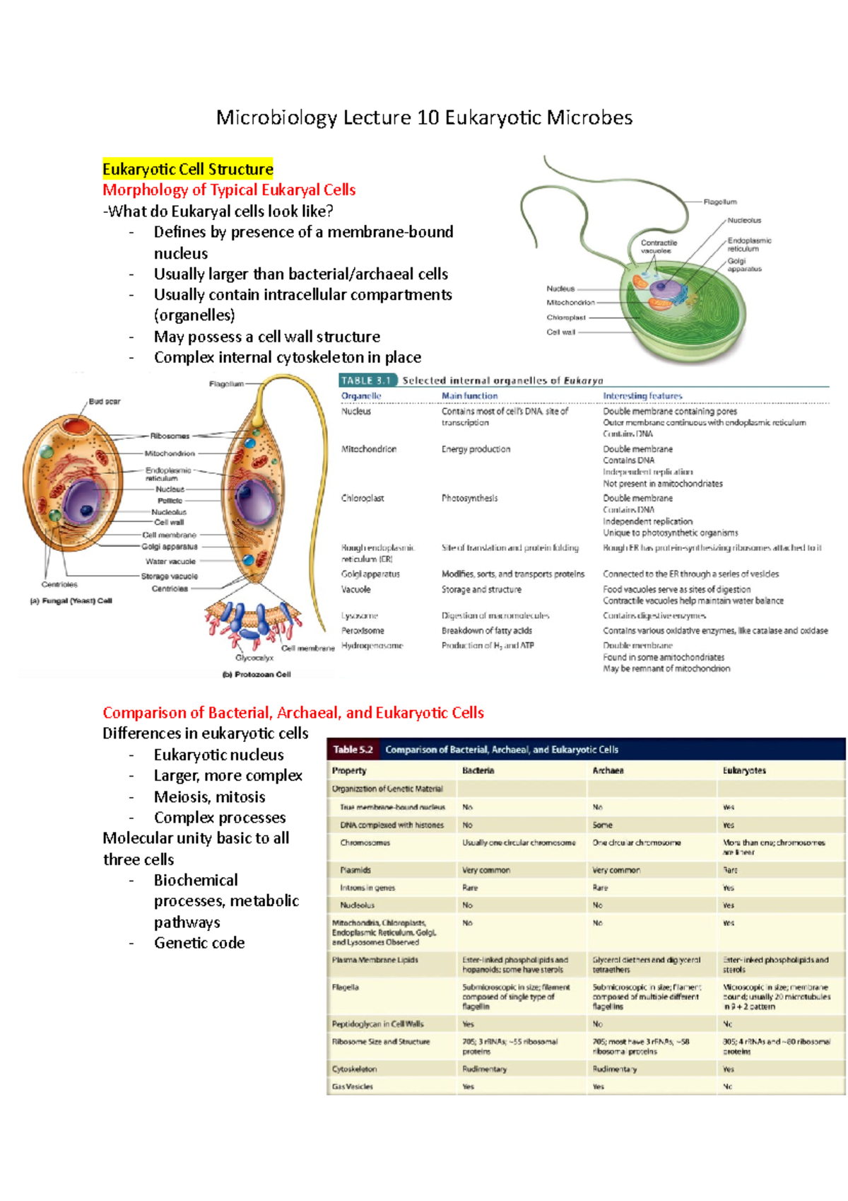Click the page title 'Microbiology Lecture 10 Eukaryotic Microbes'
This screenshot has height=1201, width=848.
[424, 117]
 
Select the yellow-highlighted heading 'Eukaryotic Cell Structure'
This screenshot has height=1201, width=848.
[187, 169]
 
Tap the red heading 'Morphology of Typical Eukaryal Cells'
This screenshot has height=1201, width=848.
[229, 190]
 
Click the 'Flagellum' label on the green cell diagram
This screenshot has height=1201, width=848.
[719, 202]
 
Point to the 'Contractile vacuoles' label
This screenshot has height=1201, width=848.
[659, 246]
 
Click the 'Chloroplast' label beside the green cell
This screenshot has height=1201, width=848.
[566, 318]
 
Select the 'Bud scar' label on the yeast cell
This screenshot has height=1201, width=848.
[105, 401]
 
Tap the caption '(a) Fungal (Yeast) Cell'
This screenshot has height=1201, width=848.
[71, 601]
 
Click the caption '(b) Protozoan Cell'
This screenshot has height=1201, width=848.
[257, 674]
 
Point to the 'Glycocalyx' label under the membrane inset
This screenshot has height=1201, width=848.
[254, 658]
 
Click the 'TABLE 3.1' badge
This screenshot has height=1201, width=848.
[367, 381]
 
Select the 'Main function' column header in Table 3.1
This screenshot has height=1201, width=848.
[469, 396]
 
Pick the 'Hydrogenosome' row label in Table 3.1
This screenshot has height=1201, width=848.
[372, 645]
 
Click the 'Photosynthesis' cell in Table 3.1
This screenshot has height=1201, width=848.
[469, 498]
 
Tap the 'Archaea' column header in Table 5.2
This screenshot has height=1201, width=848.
[608, 770]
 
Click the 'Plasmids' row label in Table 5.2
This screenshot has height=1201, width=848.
[355, 870]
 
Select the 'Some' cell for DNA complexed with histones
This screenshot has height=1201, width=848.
[602, 825]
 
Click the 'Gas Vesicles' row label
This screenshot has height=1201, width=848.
[352, 1086]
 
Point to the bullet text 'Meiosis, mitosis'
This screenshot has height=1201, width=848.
[209, 796]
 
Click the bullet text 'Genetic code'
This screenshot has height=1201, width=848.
[199, 943]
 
